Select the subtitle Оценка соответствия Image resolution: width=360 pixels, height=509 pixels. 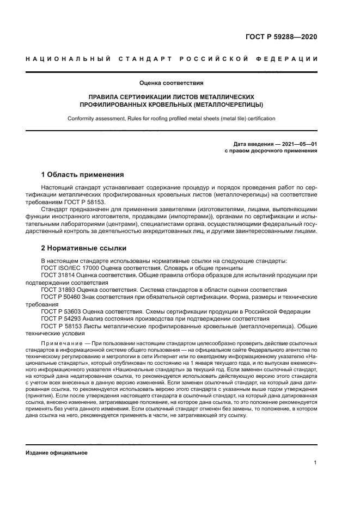(x=171, y=83)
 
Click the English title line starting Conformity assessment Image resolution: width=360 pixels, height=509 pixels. (x=171, y=118)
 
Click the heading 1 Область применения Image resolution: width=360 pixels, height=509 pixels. (x=82, y=175)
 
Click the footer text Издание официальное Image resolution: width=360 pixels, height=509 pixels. (x=57, y=452)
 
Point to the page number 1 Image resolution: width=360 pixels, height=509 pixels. (x=315, y=463)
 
